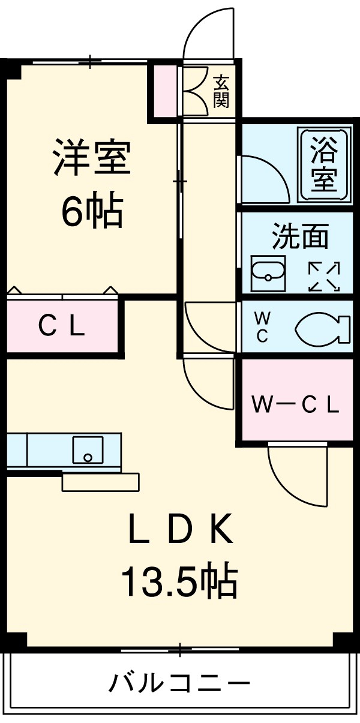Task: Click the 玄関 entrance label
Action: click(221, 92)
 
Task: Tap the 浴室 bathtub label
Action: click(324, 163)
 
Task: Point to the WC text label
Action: click(262, 328)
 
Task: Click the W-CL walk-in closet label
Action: click(296, 405)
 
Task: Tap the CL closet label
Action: click(62, 328)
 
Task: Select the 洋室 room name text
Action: click(92, 157)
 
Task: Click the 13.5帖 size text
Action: click(180, 581)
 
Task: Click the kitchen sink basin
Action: click(88, 450)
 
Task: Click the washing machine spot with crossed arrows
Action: click(324, 277)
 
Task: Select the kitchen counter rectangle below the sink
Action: click(100, 482)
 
